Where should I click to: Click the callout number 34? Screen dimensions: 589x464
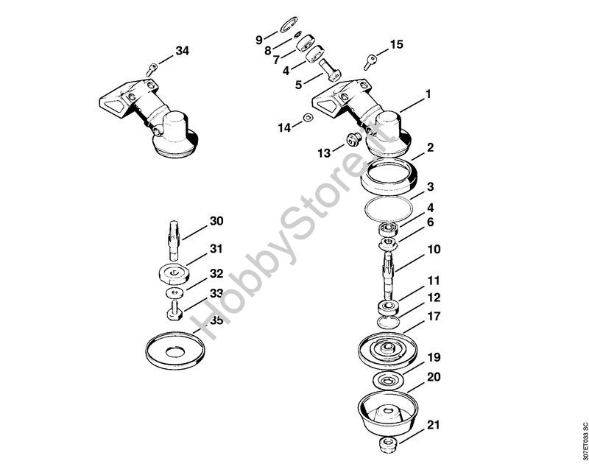pyautogui.click(x=182, y=51)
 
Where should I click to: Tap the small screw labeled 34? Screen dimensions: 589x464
pyautogui.click(x=151, y=69)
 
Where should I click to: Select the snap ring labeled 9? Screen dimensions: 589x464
pyautogui.click(x=289, y=25)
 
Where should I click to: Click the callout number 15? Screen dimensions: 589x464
pyautogui.click(x=396, y=44)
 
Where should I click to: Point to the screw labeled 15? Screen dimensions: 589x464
pyautogui.click(x=370, y=62)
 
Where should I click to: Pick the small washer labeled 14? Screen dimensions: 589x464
pyautogui.click(x=308, y=118)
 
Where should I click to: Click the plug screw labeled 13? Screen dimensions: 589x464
pyautogui.click(x=353, y=140)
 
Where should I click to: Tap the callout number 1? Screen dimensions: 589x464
pyautogui.click(x=428, y=94)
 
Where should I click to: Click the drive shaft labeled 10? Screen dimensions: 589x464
pyautogui.click(x=389, y=274)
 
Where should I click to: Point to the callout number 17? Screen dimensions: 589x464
pyautogui.click(x=434, y=317)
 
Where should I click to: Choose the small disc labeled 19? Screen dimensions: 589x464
pyautogui.click(x=388, y=381)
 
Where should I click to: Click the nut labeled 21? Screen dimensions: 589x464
pyautogui.click(x=389, y=445)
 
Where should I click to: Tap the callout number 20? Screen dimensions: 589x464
pyautogui.click(x=434, y=376)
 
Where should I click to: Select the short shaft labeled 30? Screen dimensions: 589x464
pyautogui.click(x=174, y=240)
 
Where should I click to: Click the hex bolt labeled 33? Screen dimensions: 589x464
pyautogui.click(x=174, y=310)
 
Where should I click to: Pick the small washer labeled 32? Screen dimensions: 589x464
pyautogui.click(x=174, y=292)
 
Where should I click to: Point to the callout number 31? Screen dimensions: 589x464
pyautogui.click(x=216, y=249)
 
